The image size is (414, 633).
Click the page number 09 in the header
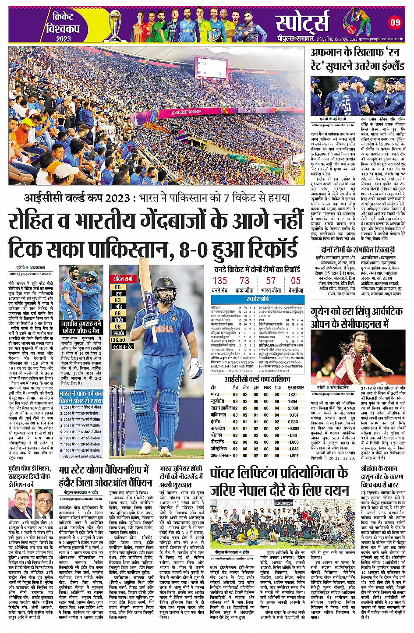pos(395,22)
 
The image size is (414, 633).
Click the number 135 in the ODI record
pos(220,281)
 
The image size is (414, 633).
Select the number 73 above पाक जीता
pos(244,281)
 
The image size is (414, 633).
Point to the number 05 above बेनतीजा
pos(296,281)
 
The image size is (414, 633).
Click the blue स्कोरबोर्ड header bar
pos(258,299)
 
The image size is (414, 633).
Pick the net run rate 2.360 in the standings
pos(293,408)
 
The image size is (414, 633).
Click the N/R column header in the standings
pos(267,388)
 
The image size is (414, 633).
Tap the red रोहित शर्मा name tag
pos(122,279)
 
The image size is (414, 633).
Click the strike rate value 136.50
pos(118,339)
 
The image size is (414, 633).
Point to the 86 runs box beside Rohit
pos(118,287)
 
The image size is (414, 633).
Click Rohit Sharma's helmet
pos(162,285)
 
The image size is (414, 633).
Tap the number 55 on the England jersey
pos(347,106)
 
